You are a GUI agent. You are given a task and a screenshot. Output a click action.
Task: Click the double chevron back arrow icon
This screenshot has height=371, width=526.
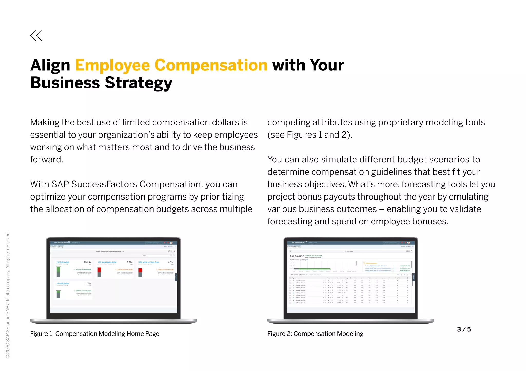pyautogui.click(x=36, y=36)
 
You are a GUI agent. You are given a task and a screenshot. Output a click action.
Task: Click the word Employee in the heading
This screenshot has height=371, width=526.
pyautogui.click(x=112, y=65)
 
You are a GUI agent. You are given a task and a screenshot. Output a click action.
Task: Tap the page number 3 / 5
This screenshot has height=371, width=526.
pyautogui.click(x=464, y=329)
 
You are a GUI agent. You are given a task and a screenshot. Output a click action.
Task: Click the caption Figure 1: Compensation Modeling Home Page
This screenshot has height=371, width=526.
pyautogui.click(x=95, y=334)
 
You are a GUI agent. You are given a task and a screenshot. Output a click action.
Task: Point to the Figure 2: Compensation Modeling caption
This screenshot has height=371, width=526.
pyautogui.click(x=315, y=334)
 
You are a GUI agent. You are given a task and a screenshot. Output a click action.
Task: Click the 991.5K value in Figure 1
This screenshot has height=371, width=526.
pyautogui.click(x=88, y=262)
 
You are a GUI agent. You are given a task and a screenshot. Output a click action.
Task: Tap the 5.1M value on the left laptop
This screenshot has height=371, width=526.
pyautogui.click(x=129, y=262)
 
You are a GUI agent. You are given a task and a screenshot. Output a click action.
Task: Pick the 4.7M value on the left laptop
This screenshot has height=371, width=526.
pyautogui.click(x=171, y=262)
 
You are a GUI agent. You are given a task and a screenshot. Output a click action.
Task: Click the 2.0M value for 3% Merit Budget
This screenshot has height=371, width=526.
pyautogui.click(x=89, y=283)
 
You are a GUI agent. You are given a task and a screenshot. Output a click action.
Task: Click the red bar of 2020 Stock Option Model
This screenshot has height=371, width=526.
pyautogui.click(x=99, y=270)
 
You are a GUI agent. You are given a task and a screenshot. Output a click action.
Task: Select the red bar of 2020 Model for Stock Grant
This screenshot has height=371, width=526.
pyautogui.click(x=140, y=270)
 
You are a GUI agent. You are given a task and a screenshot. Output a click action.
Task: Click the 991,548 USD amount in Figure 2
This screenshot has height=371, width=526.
pyautogui.click(x=297, y=256)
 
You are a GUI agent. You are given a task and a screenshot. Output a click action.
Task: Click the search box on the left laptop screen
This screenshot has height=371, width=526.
pyautogui.click(x=157, y=255)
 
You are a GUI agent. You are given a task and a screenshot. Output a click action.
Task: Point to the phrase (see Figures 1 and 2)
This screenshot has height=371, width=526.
pyautogui.click(x=309, y=135)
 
